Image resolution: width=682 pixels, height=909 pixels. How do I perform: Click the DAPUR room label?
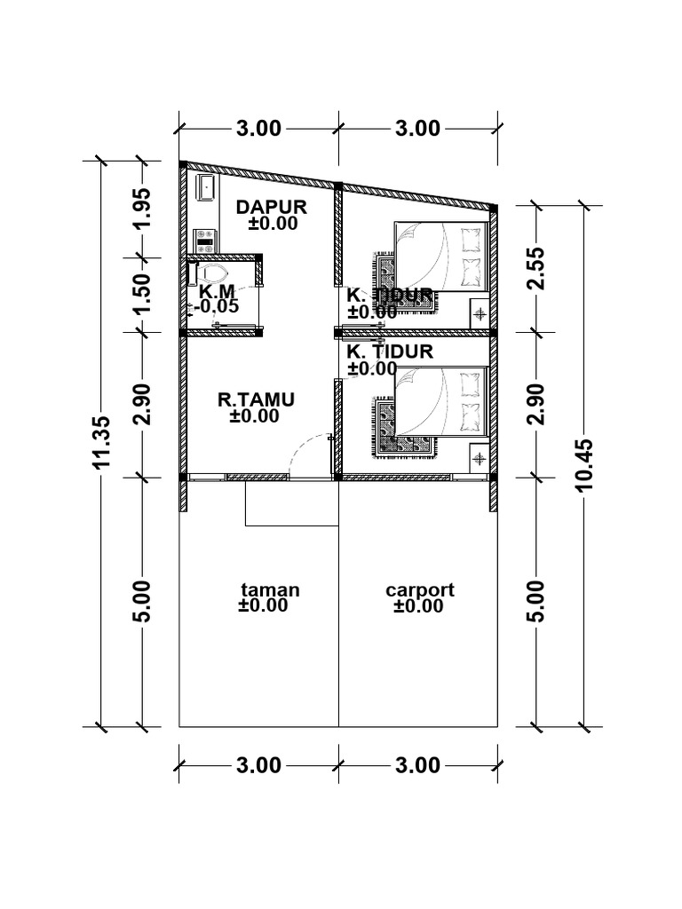coord(271,207)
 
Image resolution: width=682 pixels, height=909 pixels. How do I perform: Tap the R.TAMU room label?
coord(256,399)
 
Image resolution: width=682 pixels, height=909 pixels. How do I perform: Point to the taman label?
coord(270,589)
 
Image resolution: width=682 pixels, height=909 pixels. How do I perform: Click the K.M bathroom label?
coord(216,291)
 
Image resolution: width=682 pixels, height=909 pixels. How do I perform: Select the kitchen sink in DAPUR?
coord(206,188)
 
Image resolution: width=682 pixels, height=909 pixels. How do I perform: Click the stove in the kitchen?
coord(206,239)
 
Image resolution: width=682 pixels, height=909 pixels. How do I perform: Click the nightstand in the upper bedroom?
coord(479,313)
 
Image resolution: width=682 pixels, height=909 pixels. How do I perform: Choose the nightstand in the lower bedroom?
coord(479,458)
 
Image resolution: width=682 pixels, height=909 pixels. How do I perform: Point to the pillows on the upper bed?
coord(471,254)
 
